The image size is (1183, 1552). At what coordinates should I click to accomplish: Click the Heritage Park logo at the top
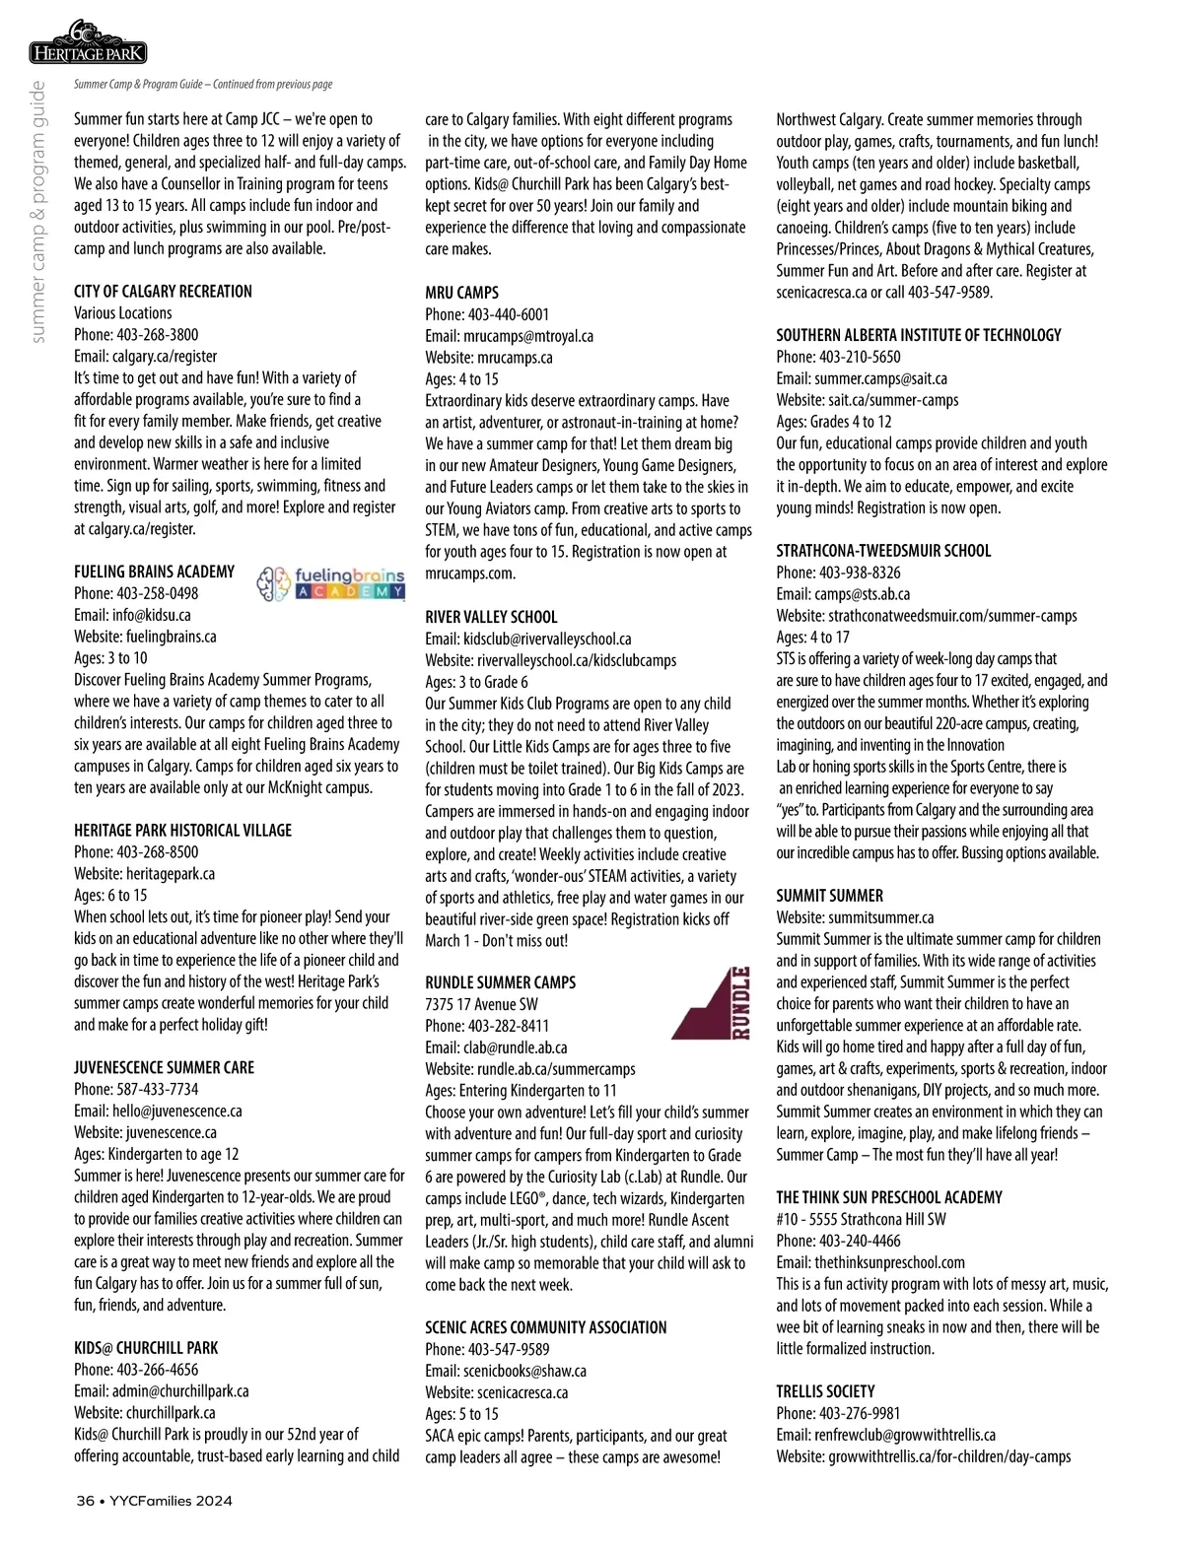click(89, 43)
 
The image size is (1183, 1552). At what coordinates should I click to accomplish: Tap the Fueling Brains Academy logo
click(330, 583)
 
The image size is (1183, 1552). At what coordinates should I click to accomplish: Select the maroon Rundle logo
click(712, 1003)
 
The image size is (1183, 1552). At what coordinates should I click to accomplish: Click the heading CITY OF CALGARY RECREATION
click(163, 292)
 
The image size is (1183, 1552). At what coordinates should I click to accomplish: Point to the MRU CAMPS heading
click(461, 293)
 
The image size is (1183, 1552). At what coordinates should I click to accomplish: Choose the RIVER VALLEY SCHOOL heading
click(491, 617)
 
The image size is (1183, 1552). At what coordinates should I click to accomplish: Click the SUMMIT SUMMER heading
click(829, 896)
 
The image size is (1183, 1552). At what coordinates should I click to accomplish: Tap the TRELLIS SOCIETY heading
click(825, 1391)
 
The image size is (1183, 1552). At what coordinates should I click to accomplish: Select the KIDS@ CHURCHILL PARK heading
click(146, 1348)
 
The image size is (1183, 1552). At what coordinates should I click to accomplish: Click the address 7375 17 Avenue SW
click(481, 1004)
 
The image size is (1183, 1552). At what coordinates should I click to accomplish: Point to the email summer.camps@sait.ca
click(880, 378)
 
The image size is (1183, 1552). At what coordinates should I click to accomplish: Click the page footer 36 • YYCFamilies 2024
click(155, 1501)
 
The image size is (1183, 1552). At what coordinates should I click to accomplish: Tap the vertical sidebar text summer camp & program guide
click(38, 212)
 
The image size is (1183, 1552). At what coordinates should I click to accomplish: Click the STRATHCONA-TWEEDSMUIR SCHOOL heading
click(883, 551)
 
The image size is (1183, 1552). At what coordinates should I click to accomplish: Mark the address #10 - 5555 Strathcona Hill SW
click(861, 1219)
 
